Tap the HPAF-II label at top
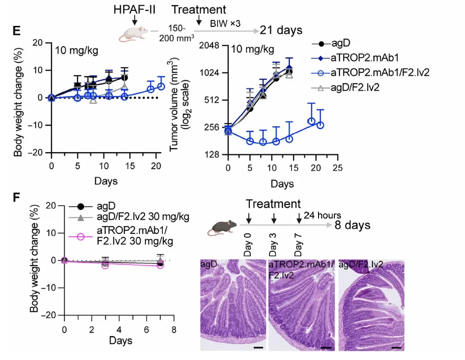pos(135,10)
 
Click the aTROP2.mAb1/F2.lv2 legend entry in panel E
pos(370,72)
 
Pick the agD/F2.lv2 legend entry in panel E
pos(345,87)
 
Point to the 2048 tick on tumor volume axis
pos(209,46)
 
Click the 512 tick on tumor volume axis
pos(212,100)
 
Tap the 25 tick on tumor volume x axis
pos(338,168)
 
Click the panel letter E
pos(17,31)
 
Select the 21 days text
pos(281,30)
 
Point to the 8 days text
pos(353,225)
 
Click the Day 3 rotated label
pos(272,245)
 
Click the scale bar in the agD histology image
pos(258,347)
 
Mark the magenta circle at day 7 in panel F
pos(160,265)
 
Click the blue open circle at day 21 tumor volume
pos(320,125)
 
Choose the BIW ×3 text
pos(225,24)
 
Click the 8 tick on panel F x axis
pos(174,329)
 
